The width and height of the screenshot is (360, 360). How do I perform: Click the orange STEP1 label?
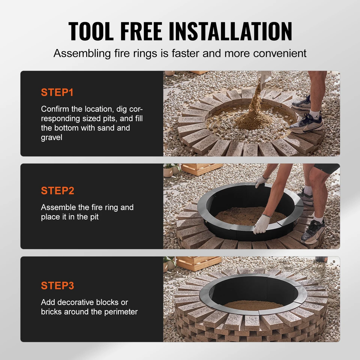click(58, 92)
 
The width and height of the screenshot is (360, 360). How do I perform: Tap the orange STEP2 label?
click(58, 190)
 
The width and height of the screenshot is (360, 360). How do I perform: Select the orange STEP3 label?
click(58, 285)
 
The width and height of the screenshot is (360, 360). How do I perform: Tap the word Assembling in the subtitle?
click(78, 53)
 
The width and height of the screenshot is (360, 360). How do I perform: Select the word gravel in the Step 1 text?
click(52, 137)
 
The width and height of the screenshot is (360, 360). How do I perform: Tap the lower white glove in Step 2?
click(261, 225)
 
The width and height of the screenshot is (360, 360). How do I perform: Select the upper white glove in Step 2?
click(261, 182)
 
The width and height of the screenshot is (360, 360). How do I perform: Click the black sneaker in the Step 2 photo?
click(313, 231)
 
